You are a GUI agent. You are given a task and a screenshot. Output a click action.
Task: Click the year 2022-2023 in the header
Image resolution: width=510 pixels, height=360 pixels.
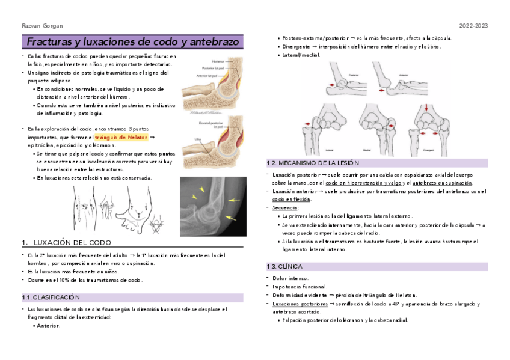point(473,26)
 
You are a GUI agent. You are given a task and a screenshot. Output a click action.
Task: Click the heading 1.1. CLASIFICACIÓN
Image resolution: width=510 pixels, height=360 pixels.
point(51,297)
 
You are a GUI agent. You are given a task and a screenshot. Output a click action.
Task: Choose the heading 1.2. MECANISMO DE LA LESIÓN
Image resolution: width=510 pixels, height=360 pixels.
point(312,163)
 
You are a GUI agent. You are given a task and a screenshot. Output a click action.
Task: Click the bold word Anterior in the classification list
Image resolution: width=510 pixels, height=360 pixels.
point(49,325)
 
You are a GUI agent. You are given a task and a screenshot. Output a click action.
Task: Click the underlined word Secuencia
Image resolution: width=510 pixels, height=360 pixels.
point(285,207)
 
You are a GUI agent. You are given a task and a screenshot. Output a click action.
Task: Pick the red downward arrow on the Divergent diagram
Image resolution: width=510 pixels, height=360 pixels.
point(426,108)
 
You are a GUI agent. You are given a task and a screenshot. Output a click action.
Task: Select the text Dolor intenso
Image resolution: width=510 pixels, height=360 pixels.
point(290,278)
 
